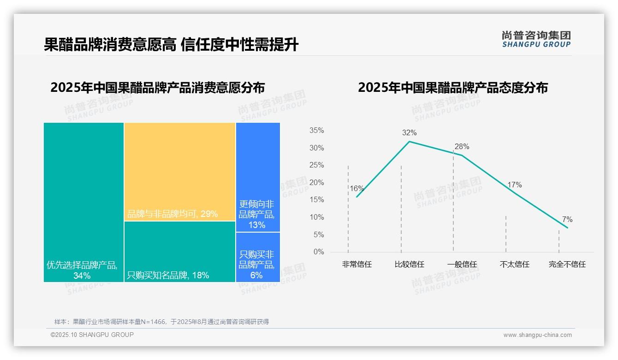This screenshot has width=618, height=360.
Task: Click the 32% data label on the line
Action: click(x=409, y=133)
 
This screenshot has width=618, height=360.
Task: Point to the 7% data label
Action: click(x=567, y=220)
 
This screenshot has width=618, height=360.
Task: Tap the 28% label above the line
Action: click(x=462, y=147)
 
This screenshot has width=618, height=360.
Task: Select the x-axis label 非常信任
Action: click(x=357, y=264)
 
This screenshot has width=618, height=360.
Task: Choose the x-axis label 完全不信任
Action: click(x=567, y=264)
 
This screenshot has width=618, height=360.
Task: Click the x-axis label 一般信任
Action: click(x=462, y=264)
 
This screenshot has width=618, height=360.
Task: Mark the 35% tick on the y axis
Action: click(x=316, y=131)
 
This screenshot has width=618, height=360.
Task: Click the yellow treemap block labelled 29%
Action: click(x=179, y=171)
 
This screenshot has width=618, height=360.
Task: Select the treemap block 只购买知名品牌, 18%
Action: click(x=179, y=252)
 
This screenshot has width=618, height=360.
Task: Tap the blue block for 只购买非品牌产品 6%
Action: click(x=258, y=257)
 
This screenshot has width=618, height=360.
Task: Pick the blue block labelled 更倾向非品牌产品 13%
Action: click(x=258, y=177)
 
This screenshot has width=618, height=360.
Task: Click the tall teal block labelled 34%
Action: click(x=83, y=202)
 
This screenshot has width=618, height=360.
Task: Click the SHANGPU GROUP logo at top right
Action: click(x=536, y=39)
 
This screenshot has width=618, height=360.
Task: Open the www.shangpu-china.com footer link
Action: click(x=537, y=335)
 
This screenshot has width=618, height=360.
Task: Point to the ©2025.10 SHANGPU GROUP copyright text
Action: click(x=92, y=335)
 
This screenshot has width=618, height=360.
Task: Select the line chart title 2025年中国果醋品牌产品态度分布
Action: click(x=452, y=88)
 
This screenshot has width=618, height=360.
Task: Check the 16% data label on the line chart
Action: click(x=357, y=188)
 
